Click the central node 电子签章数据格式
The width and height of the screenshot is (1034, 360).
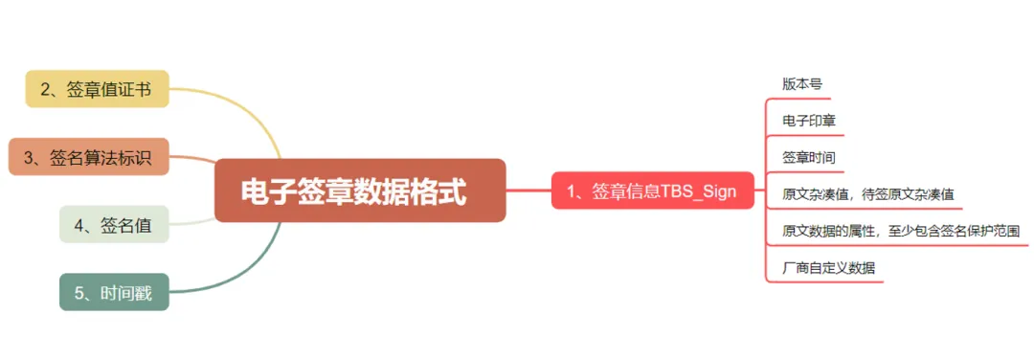point(360,191)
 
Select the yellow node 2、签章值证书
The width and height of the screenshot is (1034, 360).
point(97,89)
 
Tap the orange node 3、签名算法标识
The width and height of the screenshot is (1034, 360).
point(89,157)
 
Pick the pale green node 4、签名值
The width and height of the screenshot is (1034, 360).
point(114,225)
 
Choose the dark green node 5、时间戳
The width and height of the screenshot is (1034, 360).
point(114,292)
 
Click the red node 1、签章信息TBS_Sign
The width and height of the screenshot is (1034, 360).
point(653,191)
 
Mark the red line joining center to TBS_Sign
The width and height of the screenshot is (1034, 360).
point(528,191)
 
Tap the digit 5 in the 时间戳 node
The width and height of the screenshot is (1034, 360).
point(79,293)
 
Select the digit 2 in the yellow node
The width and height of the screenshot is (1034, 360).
point(46,90)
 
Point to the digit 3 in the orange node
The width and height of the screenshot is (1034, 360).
point(29,158)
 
